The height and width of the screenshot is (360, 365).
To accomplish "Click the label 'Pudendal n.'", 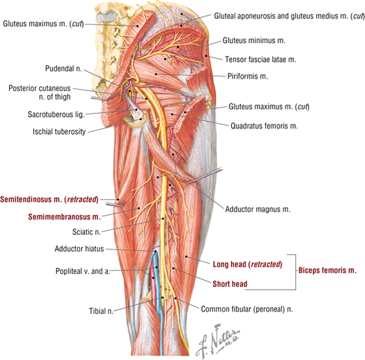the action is [x=63, y=68].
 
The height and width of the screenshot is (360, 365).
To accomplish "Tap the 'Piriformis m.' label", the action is [x=248, y=76].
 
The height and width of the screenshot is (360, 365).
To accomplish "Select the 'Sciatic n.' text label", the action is [x=86, y=232].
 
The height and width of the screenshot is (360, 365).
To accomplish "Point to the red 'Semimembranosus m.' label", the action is [x=65, y=217].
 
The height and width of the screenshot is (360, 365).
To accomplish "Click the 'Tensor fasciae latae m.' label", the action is [x=261, y=59].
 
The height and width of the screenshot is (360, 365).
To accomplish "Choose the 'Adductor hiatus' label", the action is [x=79, y=249].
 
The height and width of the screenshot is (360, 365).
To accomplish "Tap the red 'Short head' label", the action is [x=230, y=284].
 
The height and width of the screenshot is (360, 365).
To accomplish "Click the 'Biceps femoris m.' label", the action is [x=327, y=270].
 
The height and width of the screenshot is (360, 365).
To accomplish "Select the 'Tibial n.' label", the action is [x=101, y=311].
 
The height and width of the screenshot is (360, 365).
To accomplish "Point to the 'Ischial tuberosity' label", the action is [x=59, y=132].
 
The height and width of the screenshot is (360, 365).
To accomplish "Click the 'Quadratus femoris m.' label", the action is [x=264, y=126].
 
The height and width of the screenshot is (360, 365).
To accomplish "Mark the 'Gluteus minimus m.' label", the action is [x=254, y=40].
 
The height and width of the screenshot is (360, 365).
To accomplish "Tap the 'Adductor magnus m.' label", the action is [x=258, y=210].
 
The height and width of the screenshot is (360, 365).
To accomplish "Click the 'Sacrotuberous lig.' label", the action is [x=56, y=115].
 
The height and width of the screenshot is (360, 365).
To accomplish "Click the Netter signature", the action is [x=218, y=340].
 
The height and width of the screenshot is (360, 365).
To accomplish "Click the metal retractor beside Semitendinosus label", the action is [x=115, y=205].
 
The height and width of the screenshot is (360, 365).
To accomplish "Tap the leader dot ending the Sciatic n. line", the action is [x=163, y=219].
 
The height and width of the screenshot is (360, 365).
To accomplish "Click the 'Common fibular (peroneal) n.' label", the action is [x=247, y=309].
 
